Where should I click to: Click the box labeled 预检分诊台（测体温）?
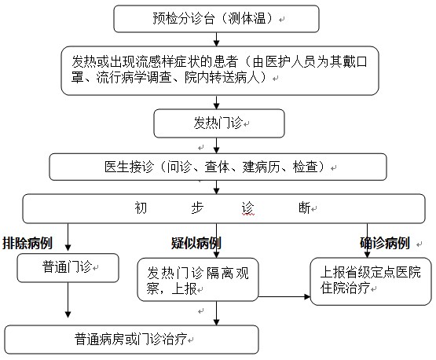(x=216, y=19)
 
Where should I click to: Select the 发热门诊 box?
(x=219, y=123)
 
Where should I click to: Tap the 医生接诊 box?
(x=218, y=167)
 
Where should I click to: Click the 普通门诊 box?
(x=68, y=267)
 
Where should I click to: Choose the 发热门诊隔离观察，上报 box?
(x=198, y=280)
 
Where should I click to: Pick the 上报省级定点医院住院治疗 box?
(x=371, y=281)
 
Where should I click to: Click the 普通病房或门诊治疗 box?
(x=132, y=340)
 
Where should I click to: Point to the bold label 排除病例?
(x=27, y=243)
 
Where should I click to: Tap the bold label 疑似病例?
(x=196, y=243)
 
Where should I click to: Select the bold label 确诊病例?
(x=385, y=243)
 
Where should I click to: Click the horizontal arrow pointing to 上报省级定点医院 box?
(x=284, y=296)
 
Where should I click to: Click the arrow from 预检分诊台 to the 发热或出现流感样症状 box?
(x=216, y=39)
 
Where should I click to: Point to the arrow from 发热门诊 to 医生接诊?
(x=216, y=145)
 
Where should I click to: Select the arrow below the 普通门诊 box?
(x=68, y=300)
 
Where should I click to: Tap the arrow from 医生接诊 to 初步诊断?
(x=216, y=187)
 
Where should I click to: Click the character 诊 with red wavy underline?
(x=247, y=208)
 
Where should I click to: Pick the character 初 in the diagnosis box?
(x=141, y=208)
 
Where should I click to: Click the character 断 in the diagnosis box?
(x=305, y=208)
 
